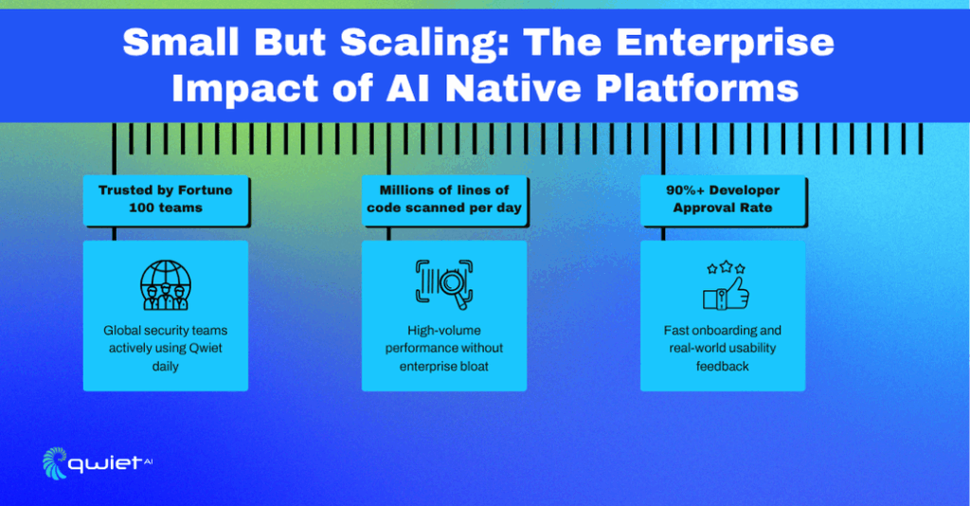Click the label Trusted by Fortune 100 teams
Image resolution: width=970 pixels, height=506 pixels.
[x=165, y=199]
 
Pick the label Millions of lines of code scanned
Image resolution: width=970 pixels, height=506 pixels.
[x=444, y=199]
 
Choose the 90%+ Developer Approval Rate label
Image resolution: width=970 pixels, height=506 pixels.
[x=723, y=199]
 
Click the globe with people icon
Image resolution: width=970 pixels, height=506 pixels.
[x=165, y=284]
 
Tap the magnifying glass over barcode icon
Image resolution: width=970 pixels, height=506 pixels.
[x=444, y=284]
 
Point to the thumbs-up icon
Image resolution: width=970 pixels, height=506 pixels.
[x=726, y=293]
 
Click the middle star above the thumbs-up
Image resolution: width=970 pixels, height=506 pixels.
[x=727, y=266]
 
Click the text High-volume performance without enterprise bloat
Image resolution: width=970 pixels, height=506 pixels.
[x=444, y=348]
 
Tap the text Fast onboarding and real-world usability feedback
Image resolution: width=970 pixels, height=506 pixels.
[x=723, y=348]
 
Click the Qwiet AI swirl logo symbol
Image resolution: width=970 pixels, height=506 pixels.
[x=54, y=462]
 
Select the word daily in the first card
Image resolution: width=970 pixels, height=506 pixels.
[x=165, y=366]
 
